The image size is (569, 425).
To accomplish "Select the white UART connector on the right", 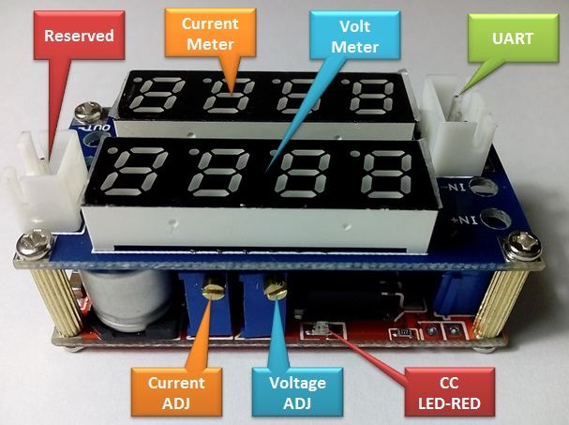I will [x=456, y=111].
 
